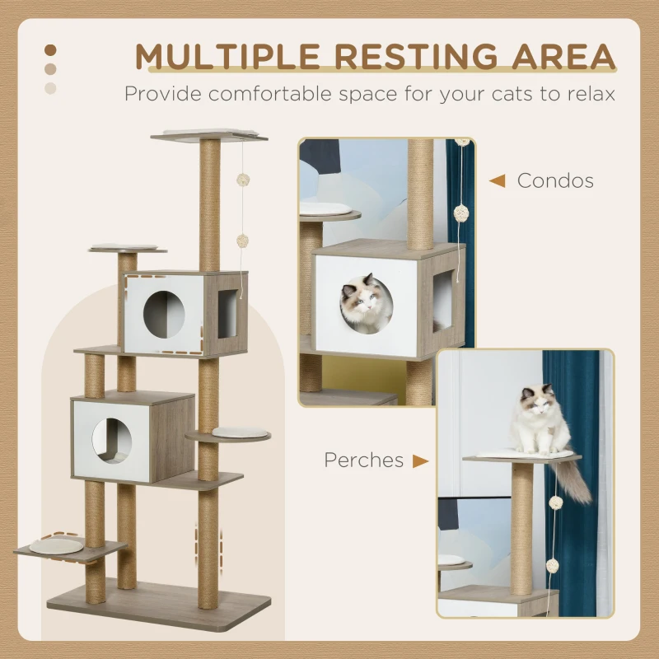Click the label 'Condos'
tap(554, 180)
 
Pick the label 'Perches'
tap(363, 460)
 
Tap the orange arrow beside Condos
tap(497, 180)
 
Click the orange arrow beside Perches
tap(420, 460)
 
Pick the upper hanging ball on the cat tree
tap(243, 179)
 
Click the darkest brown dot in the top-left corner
tap(51, 50)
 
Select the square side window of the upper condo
tap(227, 314)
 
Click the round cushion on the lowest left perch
tap(57, 544)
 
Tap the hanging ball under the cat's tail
tap(557, 502)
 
